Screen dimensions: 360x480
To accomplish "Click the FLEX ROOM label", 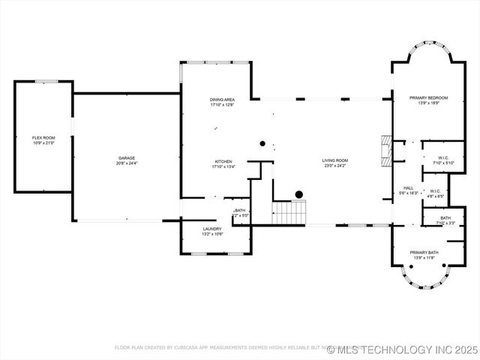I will (x=43, y=138).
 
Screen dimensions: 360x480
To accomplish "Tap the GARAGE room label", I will (x=127, y=158).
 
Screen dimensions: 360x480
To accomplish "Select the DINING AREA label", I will (x=223, y=100).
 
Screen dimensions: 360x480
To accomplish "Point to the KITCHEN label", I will (x=223, y=162).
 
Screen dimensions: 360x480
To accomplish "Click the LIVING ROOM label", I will (x=335, y=160).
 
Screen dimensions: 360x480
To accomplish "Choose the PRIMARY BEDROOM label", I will (x=428, y=97).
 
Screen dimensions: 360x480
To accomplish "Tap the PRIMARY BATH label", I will (x=424, y=253).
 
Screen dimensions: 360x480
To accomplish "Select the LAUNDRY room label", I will (x=212, y=229).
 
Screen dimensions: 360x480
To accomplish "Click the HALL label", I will (x=409, y=188).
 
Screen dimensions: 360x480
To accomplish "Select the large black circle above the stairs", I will (x=298, y=194).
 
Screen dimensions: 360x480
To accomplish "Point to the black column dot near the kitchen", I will (x=262, y=142).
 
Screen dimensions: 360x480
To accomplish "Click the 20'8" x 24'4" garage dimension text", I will (x=127, y=163).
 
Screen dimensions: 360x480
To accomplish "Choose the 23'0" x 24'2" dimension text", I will (x=335, y=165).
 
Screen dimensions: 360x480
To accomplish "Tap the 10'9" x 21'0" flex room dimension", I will (x=43, y=142).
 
